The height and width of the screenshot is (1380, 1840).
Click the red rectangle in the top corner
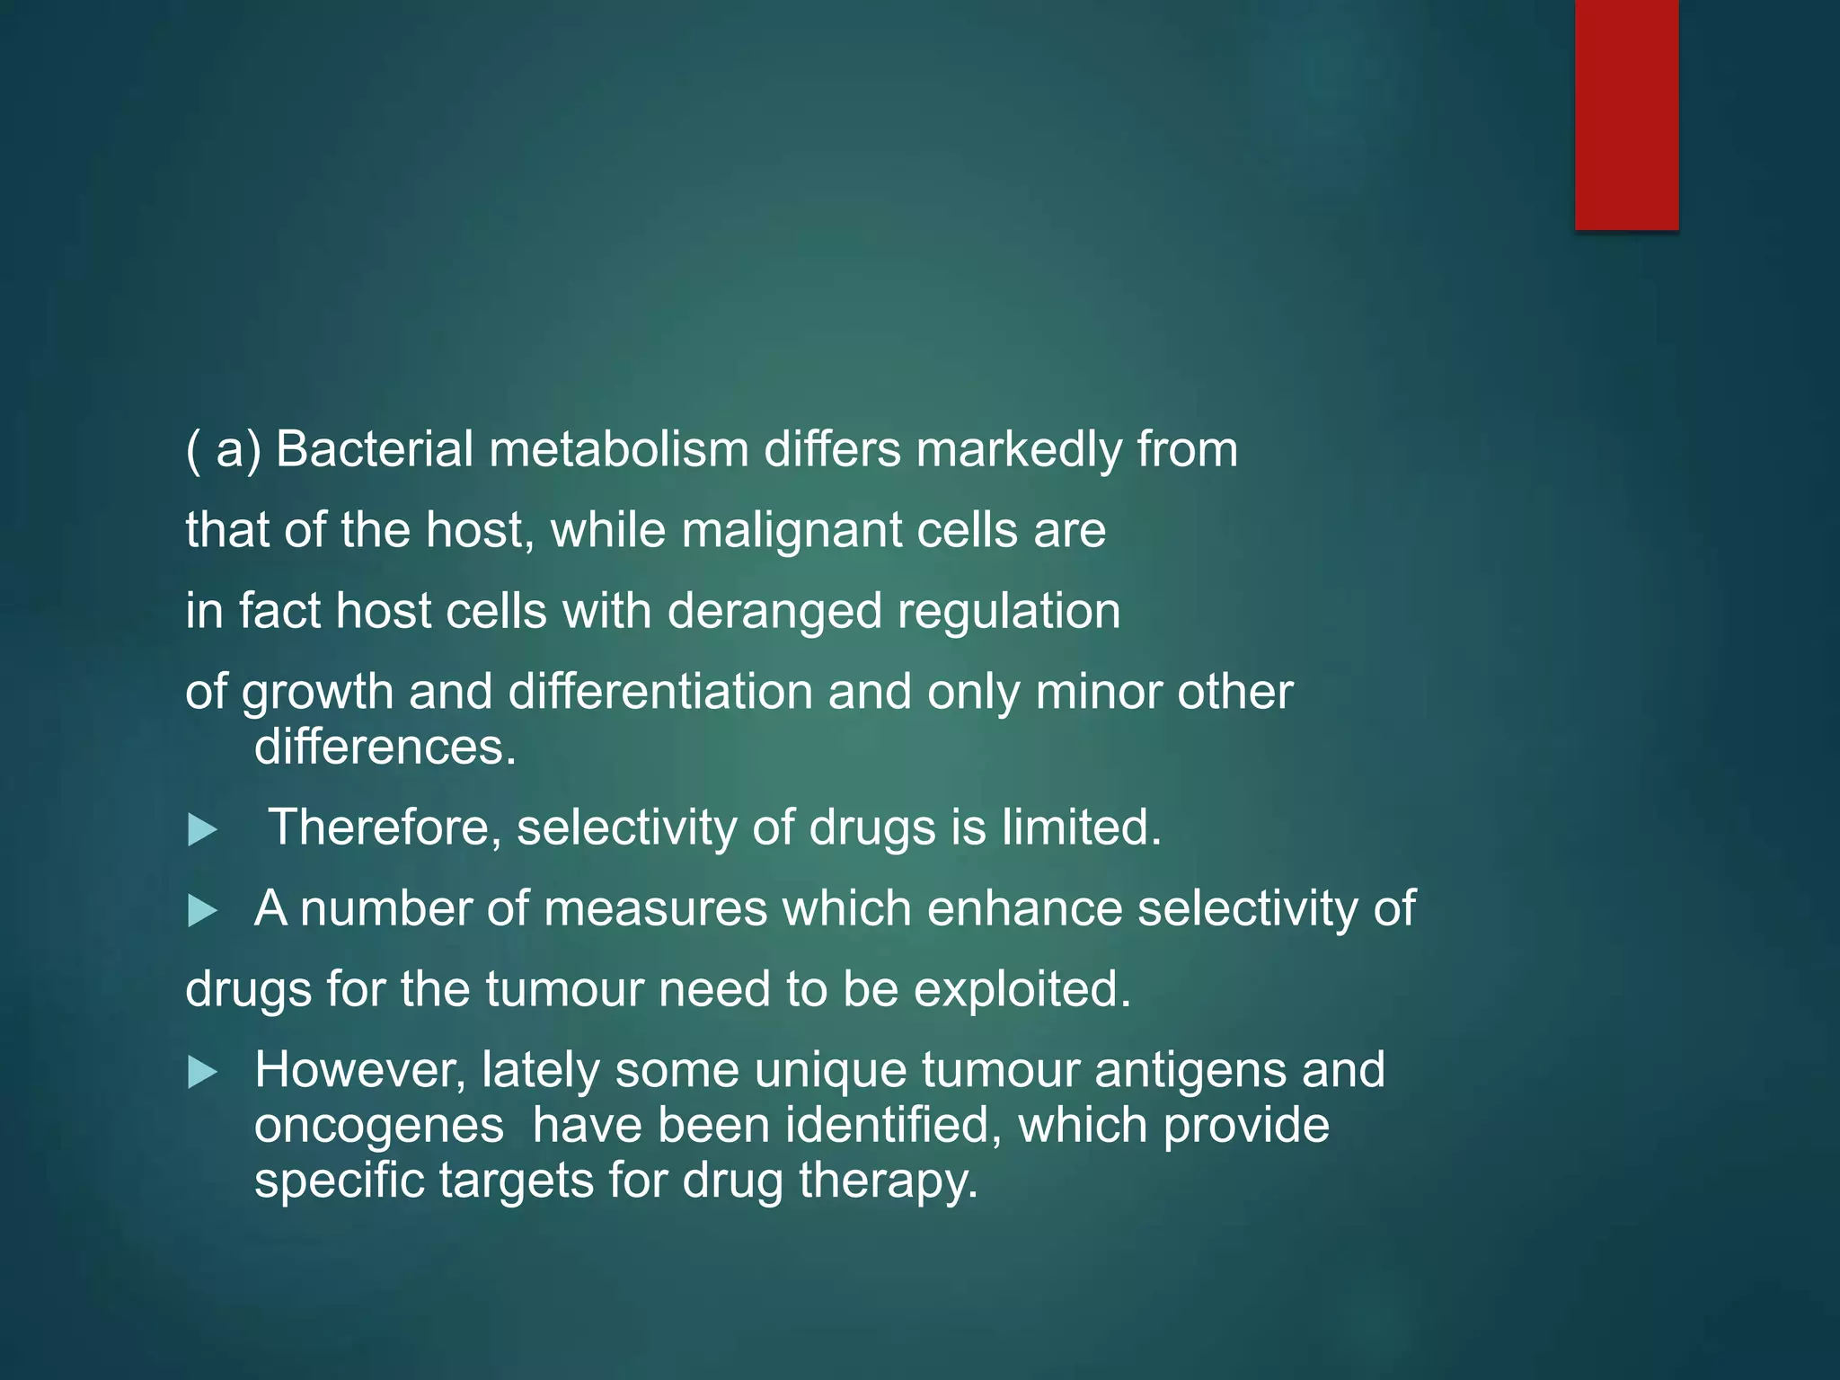click(1626, 114)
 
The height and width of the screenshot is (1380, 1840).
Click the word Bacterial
click(374, 449)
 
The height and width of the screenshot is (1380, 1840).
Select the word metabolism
click(619, 449)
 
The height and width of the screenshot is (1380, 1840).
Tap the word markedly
click(1019, 449)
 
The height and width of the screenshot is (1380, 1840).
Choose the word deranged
click(774, 612)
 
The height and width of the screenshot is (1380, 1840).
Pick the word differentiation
click(660, 693)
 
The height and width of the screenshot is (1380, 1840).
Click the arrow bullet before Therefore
click(202, 830)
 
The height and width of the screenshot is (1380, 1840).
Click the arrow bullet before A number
click(202, 912)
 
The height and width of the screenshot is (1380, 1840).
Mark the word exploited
click(1022, 990)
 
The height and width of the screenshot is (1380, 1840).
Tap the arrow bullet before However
click(202, 1073)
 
